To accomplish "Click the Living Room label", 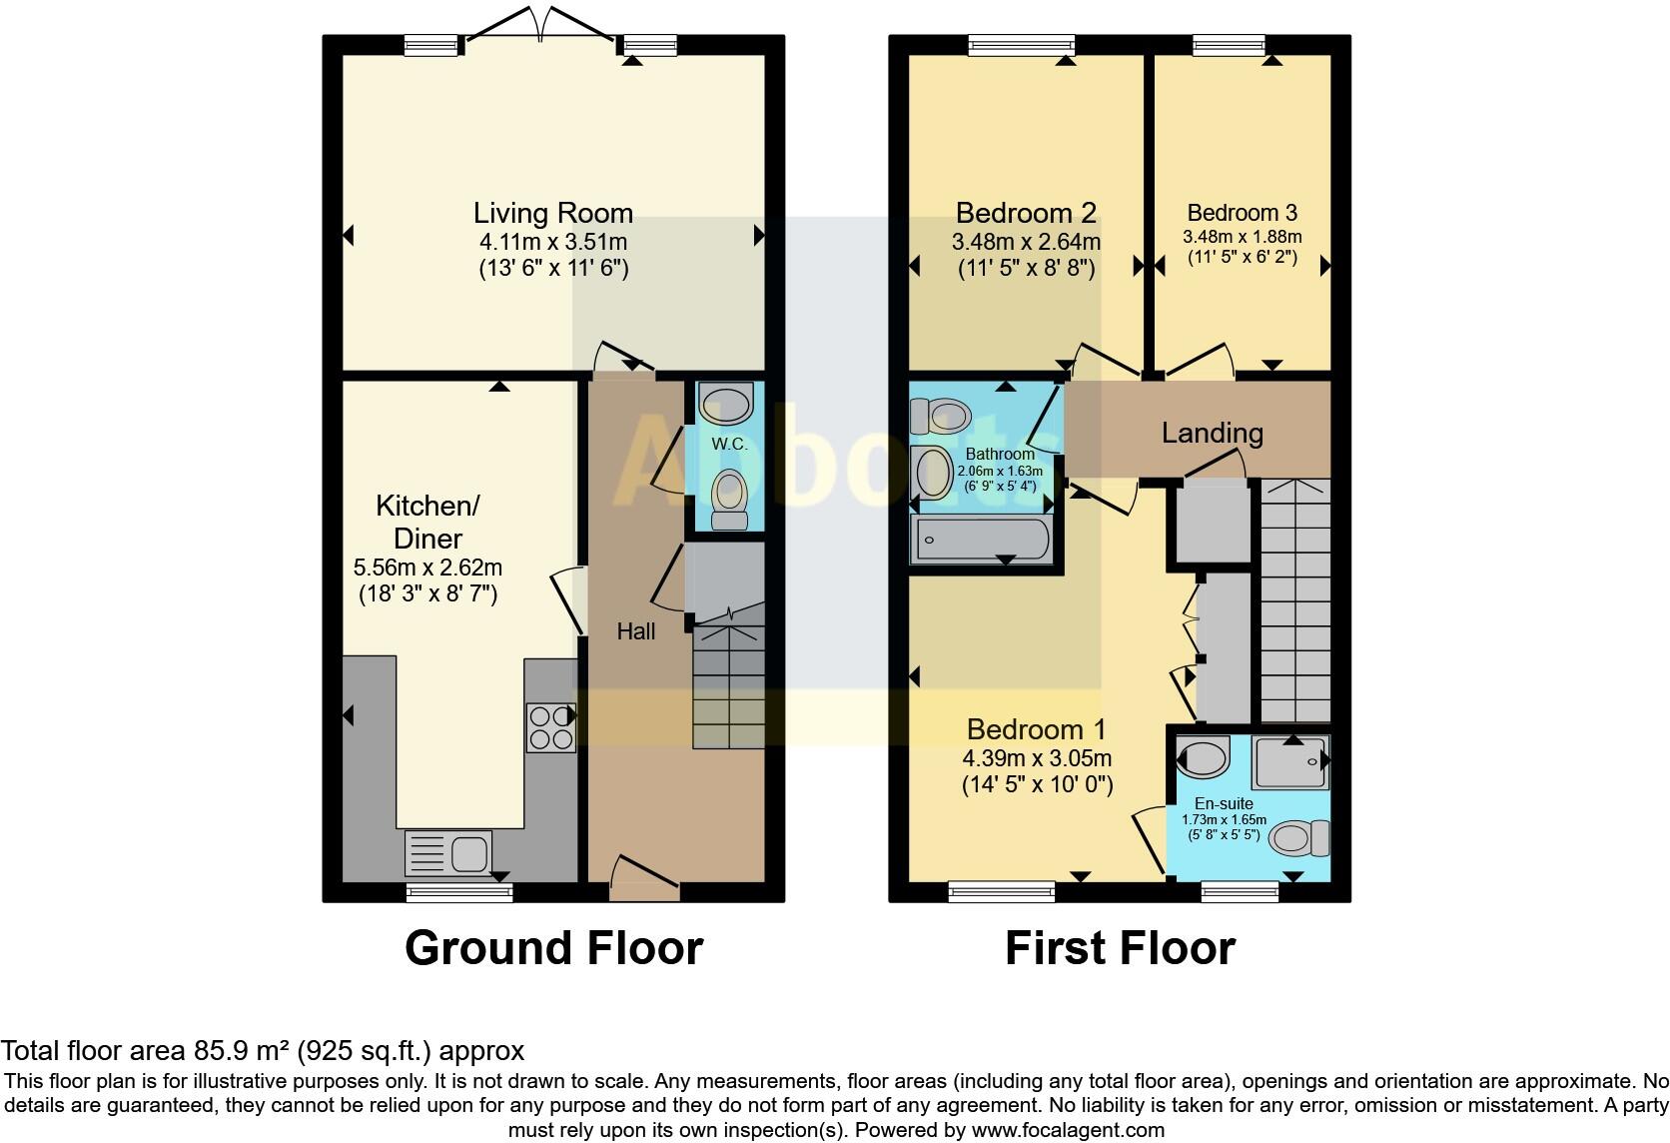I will tap(552, 213).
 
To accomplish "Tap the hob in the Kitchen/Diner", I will tap(550, 727).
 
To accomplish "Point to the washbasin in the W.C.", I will tap(725, 407).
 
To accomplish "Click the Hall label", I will tap(636, 631).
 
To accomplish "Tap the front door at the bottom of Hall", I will tap(644, 874).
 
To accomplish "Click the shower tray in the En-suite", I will tap(1291, 761).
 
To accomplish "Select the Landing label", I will tap(1212, 433).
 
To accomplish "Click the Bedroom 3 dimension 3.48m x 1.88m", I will tap(1242, 237).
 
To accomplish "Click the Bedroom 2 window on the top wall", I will tap(1021, 44).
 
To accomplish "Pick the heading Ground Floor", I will tap(553, 947).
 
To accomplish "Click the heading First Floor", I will tap(1120, 947).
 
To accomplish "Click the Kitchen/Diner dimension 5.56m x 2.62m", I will tap(427, 568).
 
